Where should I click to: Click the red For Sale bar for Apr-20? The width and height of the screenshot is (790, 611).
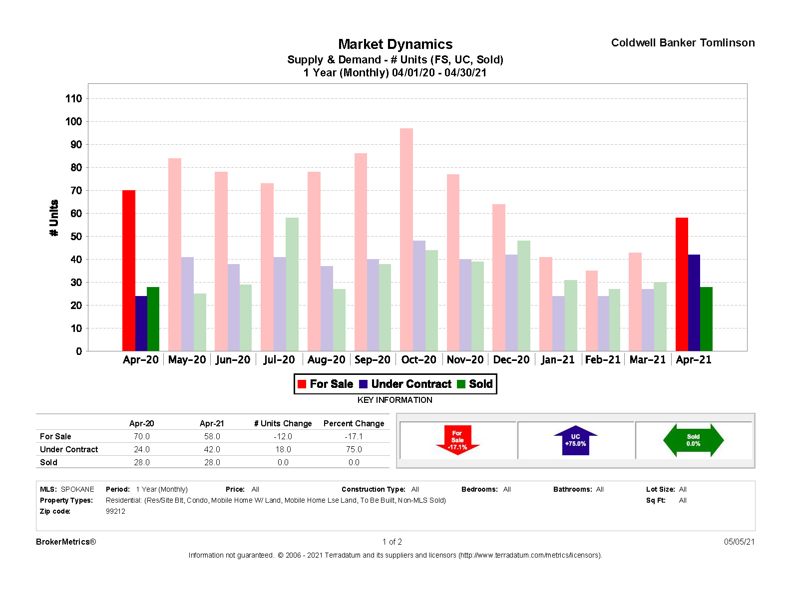point(128,270)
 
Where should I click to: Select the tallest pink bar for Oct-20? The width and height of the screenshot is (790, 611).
point(406,240)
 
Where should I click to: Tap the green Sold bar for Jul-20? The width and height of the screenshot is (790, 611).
point(292,284)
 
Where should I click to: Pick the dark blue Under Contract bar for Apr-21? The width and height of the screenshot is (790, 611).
point(694,303)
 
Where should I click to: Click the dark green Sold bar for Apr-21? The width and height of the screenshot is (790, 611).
point(706,319)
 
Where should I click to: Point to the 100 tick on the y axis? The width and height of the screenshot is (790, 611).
point(73,121)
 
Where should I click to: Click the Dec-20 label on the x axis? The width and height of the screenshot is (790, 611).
point(511,360)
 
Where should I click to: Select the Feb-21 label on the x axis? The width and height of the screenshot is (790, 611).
point(602,360)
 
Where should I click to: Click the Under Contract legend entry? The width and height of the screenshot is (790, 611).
point(405,384)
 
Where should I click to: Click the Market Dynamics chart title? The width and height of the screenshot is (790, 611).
point(395,44)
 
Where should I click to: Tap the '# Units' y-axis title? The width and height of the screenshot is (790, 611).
point(54,218)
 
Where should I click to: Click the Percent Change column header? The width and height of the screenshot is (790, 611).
point(354,423)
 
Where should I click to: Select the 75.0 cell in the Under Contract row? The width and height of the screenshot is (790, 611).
point(354,449)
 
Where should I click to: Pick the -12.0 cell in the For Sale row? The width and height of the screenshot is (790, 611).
point(283,436)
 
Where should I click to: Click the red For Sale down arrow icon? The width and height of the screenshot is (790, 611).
point(457,440)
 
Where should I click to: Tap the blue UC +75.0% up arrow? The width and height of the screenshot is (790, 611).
point(575,440)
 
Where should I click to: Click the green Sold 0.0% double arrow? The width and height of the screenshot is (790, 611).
point(693,440)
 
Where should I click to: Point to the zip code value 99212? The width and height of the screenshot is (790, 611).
point(115,511)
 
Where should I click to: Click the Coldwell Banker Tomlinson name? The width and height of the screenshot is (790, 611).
point(683,43)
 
